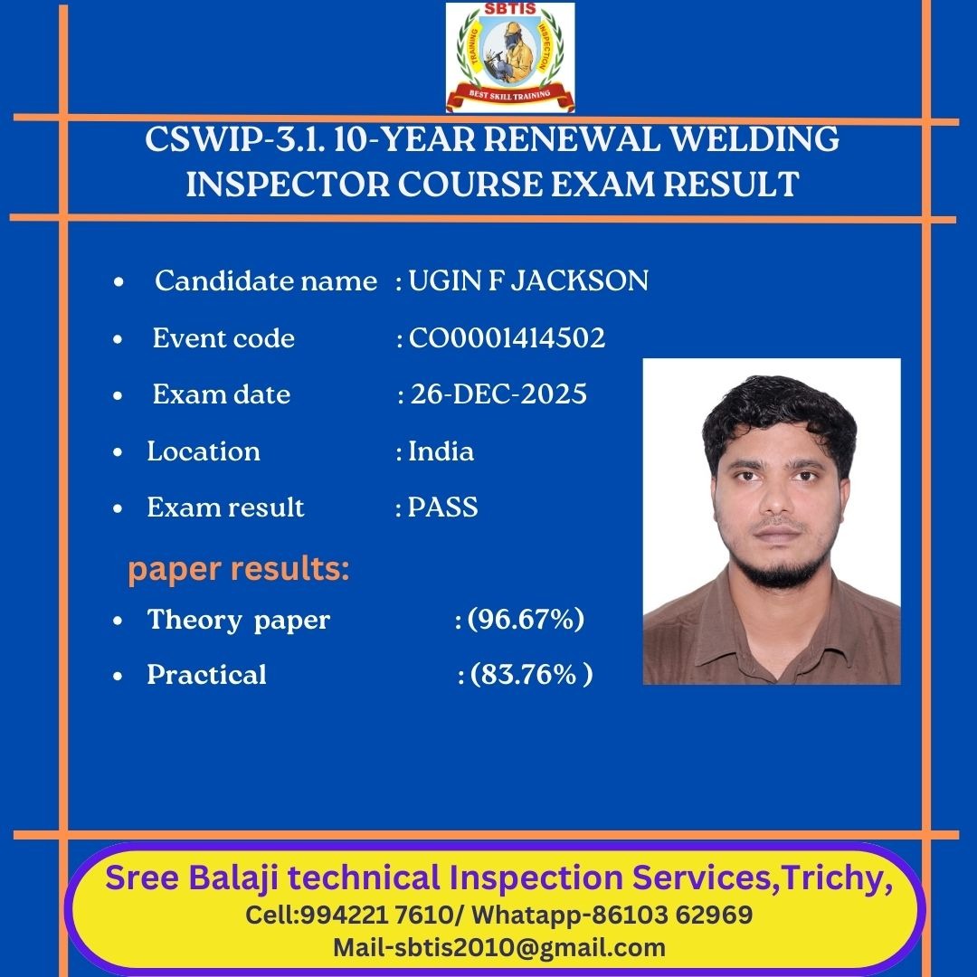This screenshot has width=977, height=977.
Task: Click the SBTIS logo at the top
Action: pos(509,57)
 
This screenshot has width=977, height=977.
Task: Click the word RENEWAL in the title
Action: pos(572,138)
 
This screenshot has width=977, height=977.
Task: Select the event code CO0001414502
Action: pos(507,338)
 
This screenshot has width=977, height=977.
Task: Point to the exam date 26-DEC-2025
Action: pos(498,394)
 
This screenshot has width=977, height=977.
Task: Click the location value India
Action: pos(441,451)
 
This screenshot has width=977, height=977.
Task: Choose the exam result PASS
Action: pos(442,507)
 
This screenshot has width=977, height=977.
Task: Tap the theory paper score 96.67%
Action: pos(526,619)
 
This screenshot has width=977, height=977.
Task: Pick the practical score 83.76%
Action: pos(532,674)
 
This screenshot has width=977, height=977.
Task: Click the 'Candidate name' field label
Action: pos(266,281)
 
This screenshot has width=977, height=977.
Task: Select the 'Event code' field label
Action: pos(223,338)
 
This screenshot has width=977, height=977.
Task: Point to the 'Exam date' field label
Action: pos(222,394)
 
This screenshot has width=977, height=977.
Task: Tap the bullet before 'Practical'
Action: pos(118,676)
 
